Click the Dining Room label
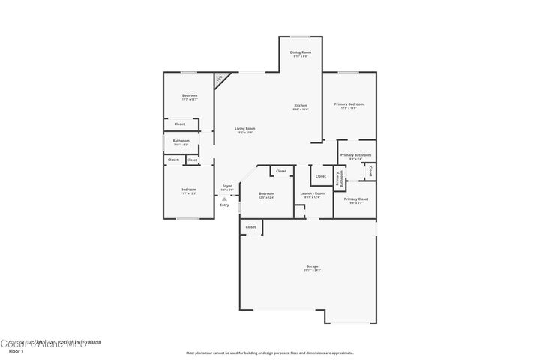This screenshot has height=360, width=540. (301, 52)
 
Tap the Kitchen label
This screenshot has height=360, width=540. (301, 106)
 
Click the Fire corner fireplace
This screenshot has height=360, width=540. (220, 78)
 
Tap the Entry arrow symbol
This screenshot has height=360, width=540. (224, 199)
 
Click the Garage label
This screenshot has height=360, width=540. (312, 266)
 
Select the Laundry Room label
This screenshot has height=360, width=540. (312, 194)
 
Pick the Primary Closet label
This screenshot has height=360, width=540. (353, 199)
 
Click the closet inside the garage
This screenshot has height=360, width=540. (250, 226)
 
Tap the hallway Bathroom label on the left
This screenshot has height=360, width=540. (181, 141)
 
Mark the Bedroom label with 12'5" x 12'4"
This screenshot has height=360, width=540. (266, 194)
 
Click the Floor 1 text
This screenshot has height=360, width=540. (16, 351)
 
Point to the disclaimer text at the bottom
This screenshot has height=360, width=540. (269, 352)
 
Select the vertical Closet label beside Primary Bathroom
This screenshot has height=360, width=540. (370, 171)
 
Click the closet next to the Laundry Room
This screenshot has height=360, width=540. (320, 176)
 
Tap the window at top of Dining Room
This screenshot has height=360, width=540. (301, 37)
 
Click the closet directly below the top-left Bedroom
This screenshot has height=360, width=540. (179, 124)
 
